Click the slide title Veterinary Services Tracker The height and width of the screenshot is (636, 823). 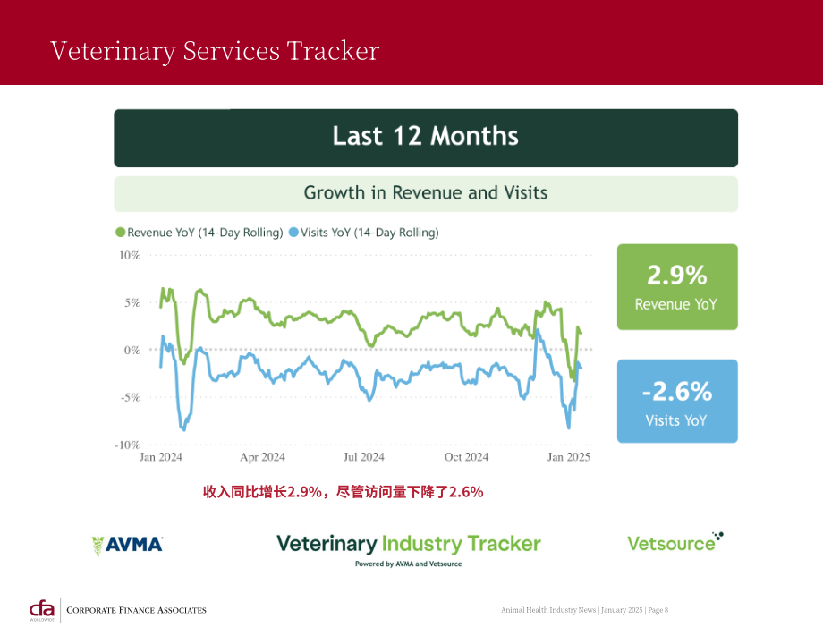point(215,51)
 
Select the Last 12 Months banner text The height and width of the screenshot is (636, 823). point(425,136)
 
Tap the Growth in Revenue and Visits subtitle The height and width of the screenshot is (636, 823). point(425,192)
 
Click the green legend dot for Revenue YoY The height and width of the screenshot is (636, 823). point(121,232)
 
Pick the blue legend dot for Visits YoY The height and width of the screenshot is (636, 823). point(294,232)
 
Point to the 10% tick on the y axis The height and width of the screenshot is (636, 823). point(130,256)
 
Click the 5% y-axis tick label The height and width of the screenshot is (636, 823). point(132,302)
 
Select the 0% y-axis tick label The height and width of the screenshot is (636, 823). point(132,350)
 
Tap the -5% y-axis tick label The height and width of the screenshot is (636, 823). point(131,397)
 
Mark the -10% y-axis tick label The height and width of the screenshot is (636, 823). point(128,445)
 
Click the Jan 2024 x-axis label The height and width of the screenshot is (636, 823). point(161,457)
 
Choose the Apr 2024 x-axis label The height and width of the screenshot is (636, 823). point(262,457)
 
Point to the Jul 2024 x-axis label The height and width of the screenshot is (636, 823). point(364,457)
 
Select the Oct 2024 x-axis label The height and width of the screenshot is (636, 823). point(466,457)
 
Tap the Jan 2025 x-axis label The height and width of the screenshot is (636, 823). point(569,457)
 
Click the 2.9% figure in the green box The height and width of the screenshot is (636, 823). point(677,275)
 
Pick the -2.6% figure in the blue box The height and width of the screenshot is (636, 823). point(677,392)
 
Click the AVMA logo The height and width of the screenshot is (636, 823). point(128,545)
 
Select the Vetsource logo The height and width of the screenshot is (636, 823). point(675,543)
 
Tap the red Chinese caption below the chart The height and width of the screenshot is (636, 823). point(344,492)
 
